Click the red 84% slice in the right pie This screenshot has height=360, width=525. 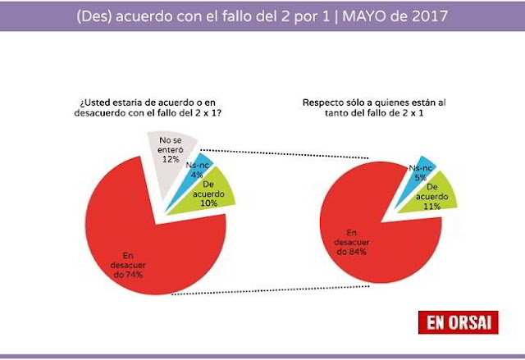tap(353, 221)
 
